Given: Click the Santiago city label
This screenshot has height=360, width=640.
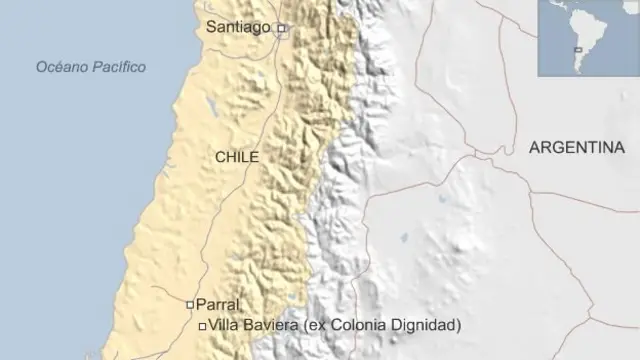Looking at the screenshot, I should (238, 27).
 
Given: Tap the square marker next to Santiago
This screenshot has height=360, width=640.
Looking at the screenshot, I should (282, 29).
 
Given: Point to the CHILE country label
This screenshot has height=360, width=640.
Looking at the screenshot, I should (237, 157).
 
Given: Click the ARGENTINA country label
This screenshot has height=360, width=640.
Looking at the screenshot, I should (577, 147).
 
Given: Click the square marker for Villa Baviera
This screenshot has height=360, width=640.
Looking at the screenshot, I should (203, 326).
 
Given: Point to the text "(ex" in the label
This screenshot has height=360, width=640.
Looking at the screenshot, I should (324, 325).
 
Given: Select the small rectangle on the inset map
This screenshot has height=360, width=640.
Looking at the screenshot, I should (577, 49).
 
